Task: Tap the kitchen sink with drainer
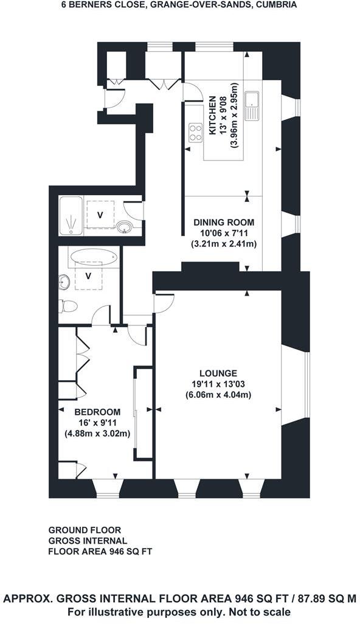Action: [251, 106]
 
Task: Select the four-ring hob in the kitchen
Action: [195, 132]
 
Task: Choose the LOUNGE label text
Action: [218, 373]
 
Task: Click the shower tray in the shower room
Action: [72, 216]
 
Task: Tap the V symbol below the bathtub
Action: [88, 276]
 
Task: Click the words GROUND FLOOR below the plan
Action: [85, 530]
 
